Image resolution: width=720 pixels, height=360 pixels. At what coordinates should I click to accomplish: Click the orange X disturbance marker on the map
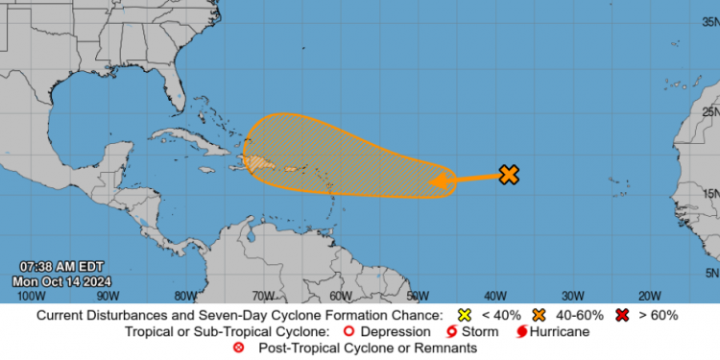click(509, 174)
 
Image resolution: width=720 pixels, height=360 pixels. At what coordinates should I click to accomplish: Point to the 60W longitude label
click(339, 296)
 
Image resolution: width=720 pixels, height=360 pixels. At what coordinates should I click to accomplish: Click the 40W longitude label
click(494, 296)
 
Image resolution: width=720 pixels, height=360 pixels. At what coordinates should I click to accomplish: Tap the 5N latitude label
click(709, 272)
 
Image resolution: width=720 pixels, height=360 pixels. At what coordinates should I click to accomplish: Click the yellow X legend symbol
click(465, 315)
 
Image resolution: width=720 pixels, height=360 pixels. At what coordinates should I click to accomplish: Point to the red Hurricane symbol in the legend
click(522, 331)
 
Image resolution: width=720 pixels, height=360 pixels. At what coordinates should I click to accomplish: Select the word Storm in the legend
click(480, 331)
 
